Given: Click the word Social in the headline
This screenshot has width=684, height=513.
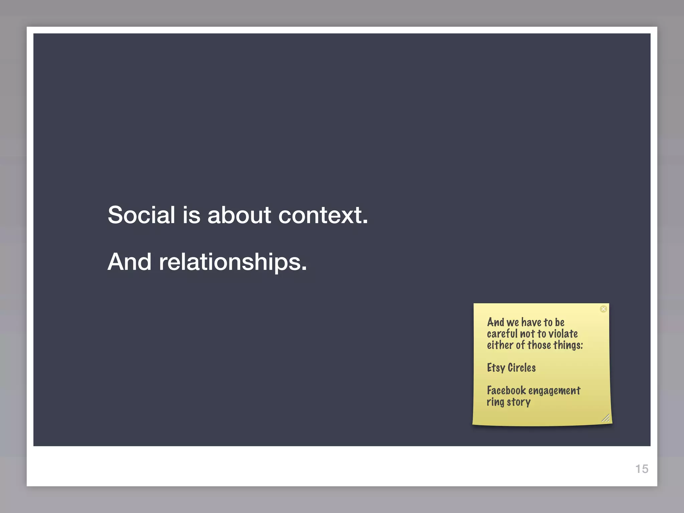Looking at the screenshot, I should [141, 215].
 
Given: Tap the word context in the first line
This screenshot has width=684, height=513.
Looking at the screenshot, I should [323, 215].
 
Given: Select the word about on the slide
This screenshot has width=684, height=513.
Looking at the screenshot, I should [239, 215].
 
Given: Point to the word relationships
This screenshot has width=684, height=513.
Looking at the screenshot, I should [233, 262].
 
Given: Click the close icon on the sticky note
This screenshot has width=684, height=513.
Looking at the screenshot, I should [603, 309].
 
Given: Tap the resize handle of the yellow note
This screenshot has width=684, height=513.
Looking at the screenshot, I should [605, 418].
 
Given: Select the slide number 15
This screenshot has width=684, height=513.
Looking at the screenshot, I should [642, 469].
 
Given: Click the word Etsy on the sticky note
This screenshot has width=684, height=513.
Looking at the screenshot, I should [496, 368].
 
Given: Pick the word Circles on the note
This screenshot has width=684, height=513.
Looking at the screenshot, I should [522, 368].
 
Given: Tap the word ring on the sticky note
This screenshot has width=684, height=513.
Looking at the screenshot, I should [495, 402].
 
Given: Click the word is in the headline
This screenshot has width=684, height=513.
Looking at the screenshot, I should [191, 215].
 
